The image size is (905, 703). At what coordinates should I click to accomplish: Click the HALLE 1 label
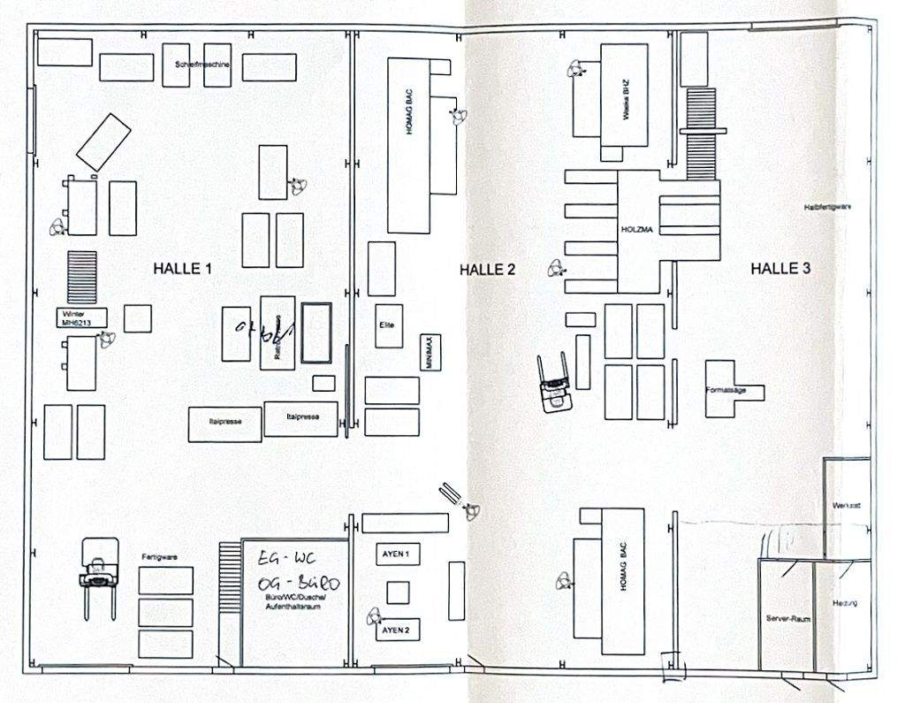(x=182, y=269)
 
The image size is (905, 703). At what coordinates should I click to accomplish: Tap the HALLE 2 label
(x=487, y=270)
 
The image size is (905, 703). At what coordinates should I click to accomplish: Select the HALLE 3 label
(x=780, y=269)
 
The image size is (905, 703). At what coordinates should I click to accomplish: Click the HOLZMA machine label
(x=636, y=229)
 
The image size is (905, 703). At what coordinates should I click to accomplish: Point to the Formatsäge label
(x=726, y=389)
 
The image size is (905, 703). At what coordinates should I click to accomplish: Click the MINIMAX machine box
(x=430, y=353)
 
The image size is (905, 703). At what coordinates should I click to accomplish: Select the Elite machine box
(x=386, y=325)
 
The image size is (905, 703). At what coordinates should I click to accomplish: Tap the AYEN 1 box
(x=395, y=554)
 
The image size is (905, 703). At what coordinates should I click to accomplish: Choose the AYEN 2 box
(x=395, y=630)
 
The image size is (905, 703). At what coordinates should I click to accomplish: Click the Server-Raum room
(x=786, y=619)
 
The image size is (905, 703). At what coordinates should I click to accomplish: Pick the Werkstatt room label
(x=847, y=506)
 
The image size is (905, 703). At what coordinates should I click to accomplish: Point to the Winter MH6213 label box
(x=80, y=318)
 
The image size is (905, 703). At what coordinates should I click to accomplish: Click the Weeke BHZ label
(x=625, y=104)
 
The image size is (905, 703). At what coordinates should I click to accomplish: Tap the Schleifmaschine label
(x=203, y=65)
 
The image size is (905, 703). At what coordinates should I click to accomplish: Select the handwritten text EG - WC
(x=281, y=559)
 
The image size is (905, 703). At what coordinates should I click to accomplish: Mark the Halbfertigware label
(x=827, y=207)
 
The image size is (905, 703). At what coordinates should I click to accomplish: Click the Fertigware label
(x=160, y=557)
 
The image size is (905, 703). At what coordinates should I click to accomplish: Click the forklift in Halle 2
(x=557, y=381)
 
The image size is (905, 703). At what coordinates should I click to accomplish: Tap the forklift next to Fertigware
(x=96, y=574)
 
